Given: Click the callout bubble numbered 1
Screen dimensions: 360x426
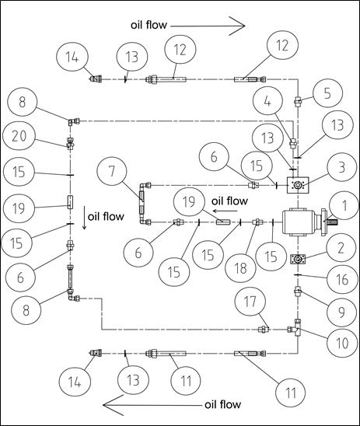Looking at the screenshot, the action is (344, 205).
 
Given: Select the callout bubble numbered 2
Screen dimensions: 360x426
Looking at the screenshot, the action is (341, 248).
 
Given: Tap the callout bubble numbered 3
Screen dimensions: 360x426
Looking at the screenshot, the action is (342, 167).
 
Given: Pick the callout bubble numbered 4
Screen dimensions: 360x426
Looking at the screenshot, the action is (267, 101).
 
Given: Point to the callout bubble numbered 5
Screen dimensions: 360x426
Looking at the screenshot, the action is (327, 93).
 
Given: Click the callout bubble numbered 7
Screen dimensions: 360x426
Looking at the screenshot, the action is (112, 172).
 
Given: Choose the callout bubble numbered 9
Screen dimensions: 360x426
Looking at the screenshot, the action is (341, 312).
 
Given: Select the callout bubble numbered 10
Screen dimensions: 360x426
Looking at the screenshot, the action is (342, 343).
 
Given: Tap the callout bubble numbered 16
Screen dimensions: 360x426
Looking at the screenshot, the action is (341, 279).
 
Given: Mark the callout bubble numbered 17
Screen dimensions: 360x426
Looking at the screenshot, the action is (250, 302).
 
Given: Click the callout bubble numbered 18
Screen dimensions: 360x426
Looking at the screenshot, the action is (240, 268).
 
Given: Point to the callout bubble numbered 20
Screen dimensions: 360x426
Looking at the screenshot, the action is (19, 135).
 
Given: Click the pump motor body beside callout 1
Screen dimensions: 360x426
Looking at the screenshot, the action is (299, 222).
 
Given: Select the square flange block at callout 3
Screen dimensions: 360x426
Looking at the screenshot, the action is (298, 185).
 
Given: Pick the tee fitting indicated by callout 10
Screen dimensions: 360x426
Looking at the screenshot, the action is (297, 329).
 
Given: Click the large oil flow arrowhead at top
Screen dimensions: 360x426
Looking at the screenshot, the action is (237, 26).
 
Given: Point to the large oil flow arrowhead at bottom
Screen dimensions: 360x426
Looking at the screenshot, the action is (114, 405).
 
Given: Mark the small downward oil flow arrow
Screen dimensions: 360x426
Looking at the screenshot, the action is (85, 218).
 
